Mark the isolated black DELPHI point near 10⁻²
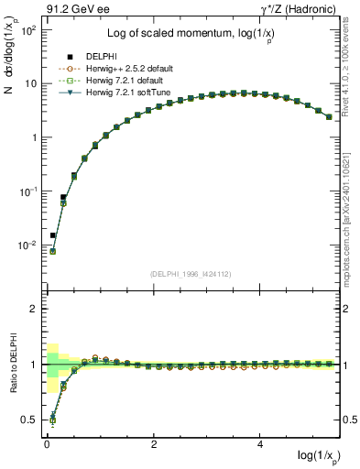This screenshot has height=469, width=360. coord(52,235)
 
